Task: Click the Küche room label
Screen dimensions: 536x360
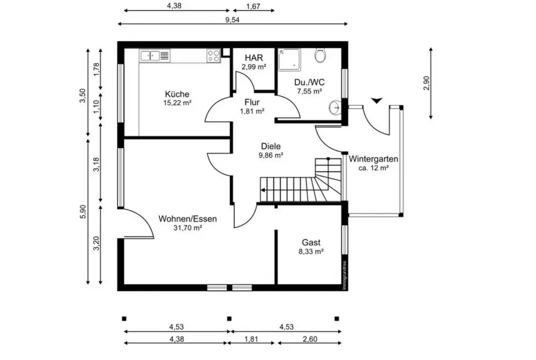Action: (177, 94)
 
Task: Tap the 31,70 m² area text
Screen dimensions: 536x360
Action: (188, 228)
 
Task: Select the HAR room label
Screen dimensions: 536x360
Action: (254, 57)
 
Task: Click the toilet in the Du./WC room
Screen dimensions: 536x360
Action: (321, 55)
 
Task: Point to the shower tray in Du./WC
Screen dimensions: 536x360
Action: (289, 60)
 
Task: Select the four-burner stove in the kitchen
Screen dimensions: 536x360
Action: (213, 56)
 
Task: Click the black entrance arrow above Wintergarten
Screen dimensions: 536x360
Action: (377, 100)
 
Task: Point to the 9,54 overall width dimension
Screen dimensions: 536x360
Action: (232, 19)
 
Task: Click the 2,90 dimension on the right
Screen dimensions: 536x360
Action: (426, 83)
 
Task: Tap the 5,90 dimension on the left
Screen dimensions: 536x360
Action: (83, 212)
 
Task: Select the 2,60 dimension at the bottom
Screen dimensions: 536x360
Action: (310, 339)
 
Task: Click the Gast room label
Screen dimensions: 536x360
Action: (311, 243)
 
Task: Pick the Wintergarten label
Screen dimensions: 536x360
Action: (373, 159)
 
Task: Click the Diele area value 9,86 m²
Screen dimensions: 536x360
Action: (271, 155)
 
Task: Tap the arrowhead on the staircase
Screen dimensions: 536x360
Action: (263, 190)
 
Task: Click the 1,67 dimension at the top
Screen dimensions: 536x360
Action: (254, 6)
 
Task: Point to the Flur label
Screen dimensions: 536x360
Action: (252, 102)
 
